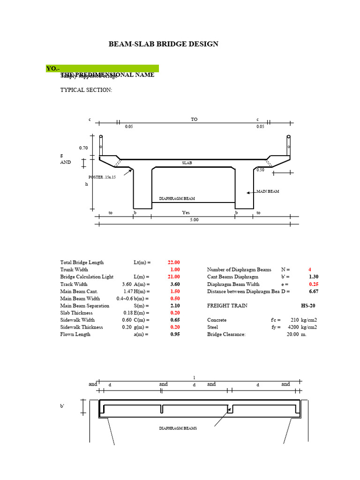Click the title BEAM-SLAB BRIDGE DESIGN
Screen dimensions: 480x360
[163, 44]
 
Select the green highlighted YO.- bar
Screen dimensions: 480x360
[102, 68]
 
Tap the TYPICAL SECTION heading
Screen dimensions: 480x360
[86, 90]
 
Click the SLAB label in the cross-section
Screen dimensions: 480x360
[187, 163]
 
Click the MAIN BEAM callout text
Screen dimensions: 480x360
[267, 191]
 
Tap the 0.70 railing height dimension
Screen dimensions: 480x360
[83, 148]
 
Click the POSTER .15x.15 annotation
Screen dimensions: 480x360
[102, 177]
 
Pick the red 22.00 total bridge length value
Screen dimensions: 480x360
[173, 262]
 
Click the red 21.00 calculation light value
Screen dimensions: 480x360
[173, 277]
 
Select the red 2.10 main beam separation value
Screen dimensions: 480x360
[174, 306]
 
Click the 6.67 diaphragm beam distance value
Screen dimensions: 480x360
[314, 291]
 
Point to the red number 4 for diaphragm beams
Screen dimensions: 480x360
[309, 270]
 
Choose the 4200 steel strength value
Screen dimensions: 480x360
[293, 327]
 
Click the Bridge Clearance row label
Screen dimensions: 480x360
[226, 334]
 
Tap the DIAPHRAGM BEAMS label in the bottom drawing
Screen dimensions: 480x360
[178, 428]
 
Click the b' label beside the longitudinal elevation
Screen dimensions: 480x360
[62, 406]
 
